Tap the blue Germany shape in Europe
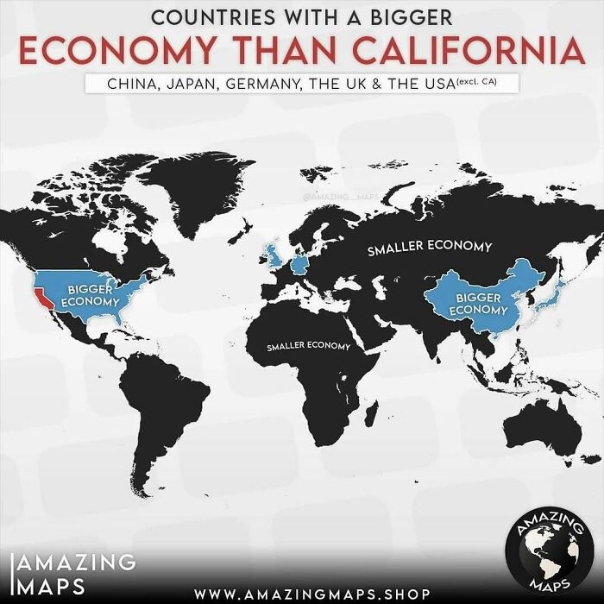click(299, 264)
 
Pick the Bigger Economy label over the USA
click(91, 293)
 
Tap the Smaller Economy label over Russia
click(430, 248)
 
